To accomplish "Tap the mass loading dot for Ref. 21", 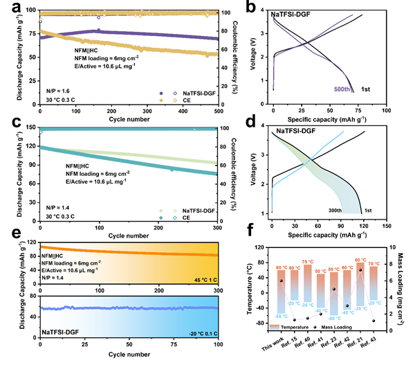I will (360, 271).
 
